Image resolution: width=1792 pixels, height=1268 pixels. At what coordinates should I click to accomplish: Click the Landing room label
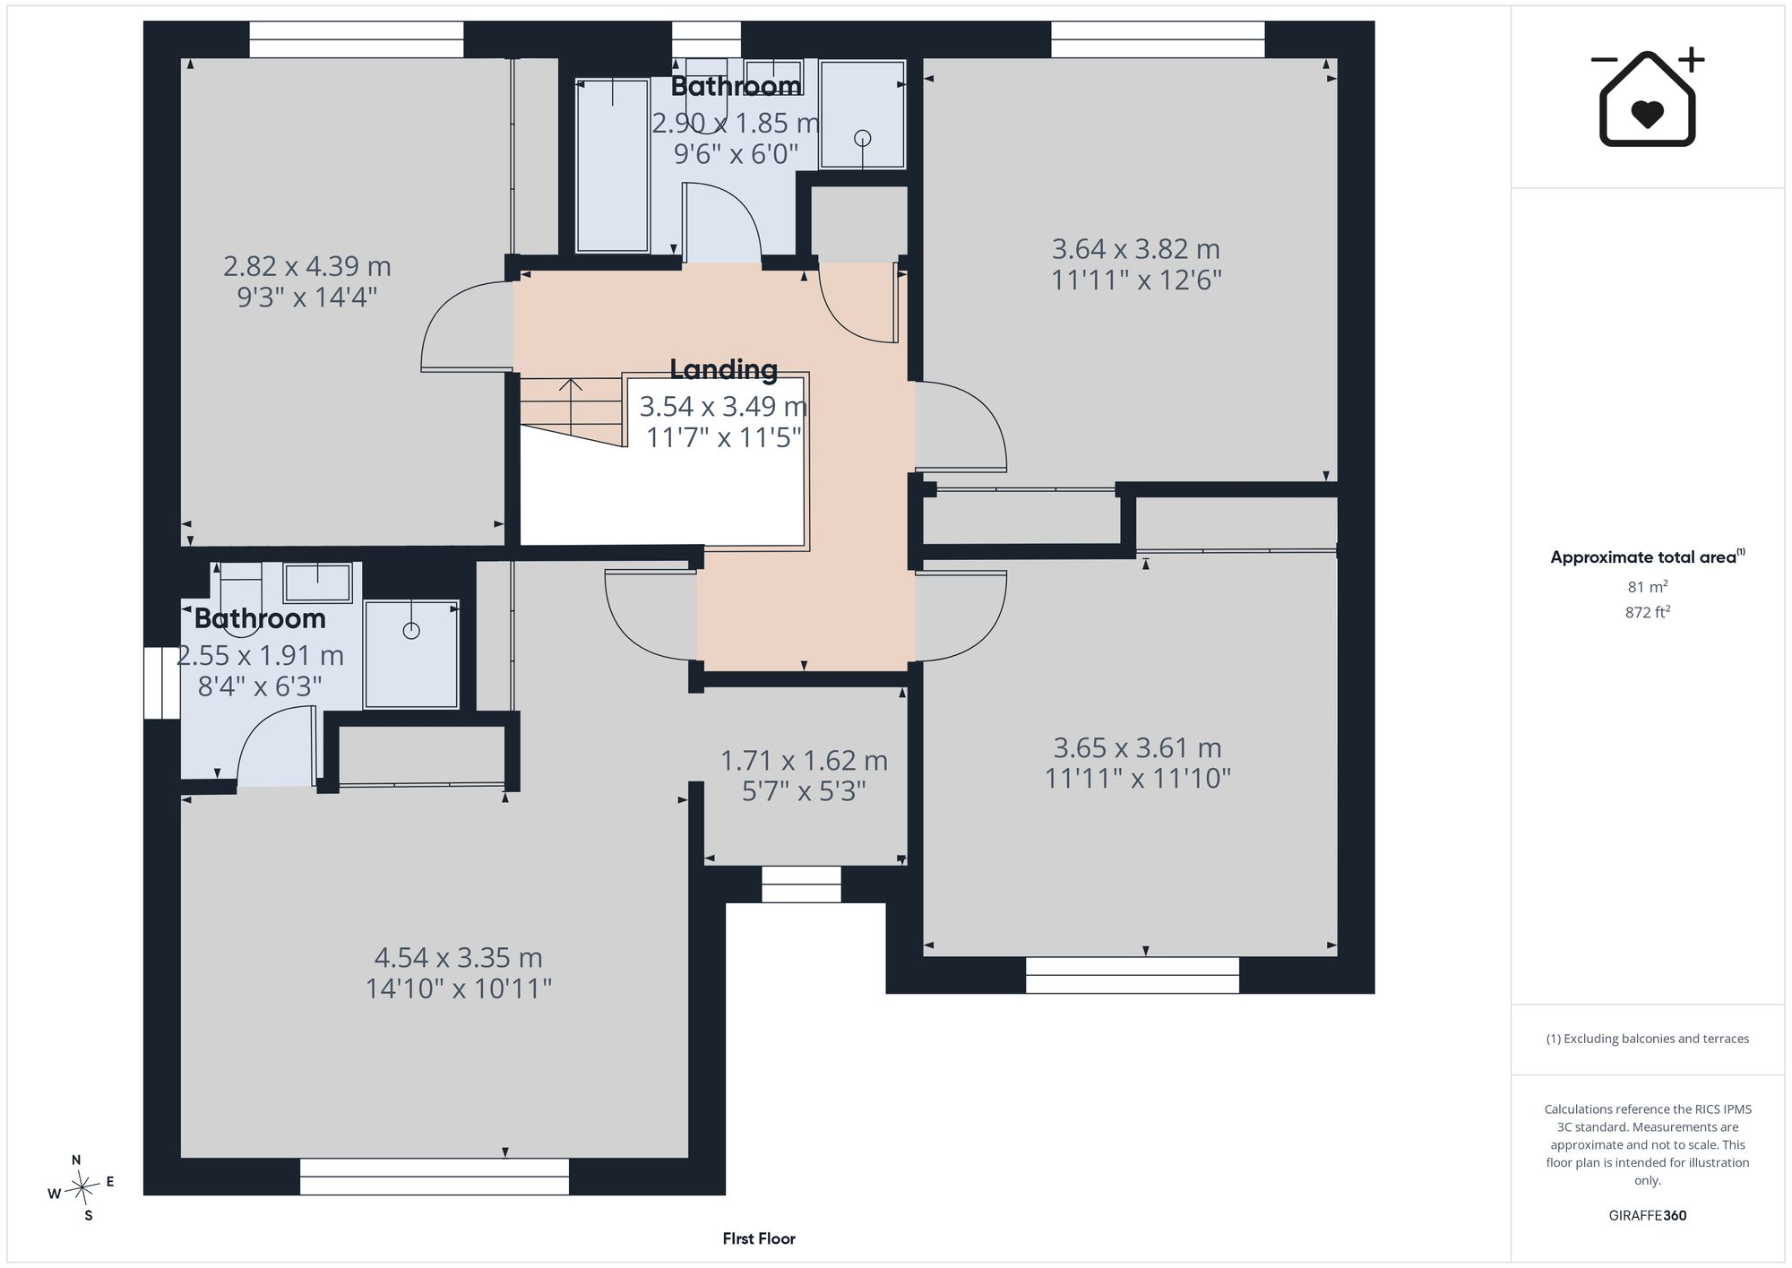coord(724,369)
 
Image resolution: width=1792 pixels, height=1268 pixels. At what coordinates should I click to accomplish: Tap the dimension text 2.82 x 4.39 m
coord(307,266)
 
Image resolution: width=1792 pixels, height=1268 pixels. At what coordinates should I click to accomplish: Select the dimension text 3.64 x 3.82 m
coord(1136,248)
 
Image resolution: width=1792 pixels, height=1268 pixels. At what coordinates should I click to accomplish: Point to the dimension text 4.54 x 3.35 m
coord(459,957)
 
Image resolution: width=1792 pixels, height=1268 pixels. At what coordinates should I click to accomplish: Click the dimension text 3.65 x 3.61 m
coord(1138,747)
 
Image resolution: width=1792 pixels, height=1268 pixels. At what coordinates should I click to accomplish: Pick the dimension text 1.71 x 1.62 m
coord(805,761)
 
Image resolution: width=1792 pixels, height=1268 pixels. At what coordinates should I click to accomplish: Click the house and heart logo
coord(1648,98)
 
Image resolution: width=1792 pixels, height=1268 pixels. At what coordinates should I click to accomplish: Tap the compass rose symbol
coord(82,1188)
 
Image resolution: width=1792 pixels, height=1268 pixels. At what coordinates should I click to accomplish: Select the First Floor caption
coord(759,1238)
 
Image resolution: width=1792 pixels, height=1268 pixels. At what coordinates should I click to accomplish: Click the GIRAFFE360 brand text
coord(1648,1216)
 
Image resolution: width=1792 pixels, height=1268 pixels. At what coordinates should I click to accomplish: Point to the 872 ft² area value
coord(1648,612)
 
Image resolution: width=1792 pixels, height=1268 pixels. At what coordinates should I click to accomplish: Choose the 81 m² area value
coord(1648,587)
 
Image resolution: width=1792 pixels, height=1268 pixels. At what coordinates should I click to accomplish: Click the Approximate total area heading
coord(1648,556)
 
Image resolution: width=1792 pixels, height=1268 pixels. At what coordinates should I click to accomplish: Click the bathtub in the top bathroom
coord(612,166)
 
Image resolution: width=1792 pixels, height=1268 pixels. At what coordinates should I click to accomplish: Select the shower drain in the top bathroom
coord(863,138)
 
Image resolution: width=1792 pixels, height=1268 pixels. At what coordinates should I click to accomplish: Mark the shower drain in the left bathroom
coord(411,631)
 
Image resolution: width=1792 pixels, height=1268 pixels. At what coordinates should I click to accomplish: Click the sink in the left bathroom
coord(318,582)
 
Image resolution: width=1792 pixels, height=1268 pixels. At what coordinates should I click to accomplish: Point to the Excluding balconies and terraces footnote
coord(1648,1039)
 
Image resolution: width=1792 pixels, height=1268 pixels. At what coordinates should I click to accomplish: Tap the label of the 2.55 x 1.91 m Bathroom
coord(260,618)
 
